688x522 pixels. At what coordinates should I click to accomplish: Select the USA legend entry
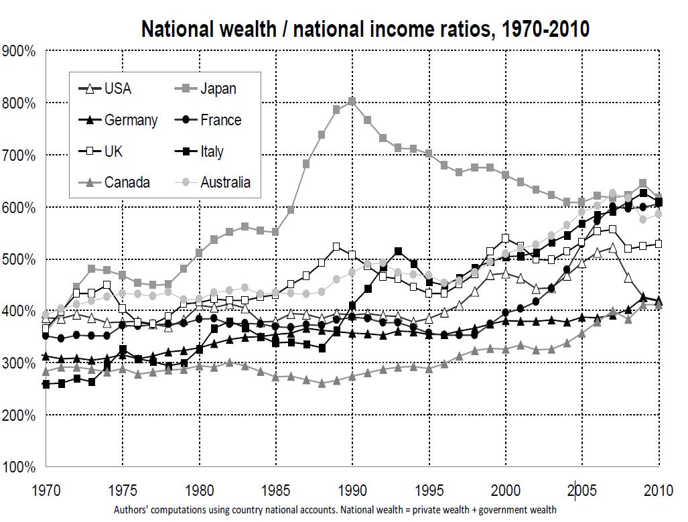pos(118,88)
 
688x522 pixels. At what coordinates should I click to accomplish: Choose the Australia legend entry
pos(225,182)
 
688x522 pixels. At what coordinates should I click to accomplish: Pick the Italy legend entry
pos(212,151)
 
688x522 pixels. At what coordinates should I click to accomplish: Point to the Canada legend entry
pos(127,182)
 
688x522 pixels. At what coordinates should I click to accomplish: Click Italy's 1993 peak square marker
pos(398,251)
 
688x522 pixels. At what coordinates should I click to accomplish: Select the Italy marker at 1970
pos(46,385)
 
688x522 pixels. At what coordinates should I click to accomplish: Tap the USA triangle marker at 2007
pos(612,248)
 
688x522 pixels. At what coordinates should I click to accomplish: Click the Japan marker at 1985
pos(275,232)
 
